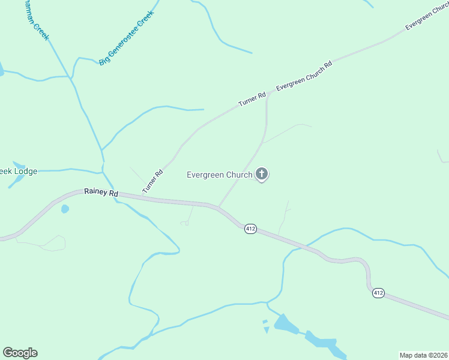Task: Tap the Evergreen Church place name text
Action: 219,175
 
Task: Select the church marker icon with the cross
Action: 262,174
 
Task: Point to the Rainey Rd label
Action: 101,194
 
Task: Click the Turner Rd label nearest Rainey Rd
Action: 152,182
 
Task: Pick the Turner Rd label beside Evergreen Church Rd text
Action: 252,99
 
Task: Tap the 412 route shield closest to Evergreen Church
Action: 251,229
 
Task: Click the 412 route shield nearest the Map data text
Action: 378,293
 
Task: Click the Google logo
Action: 20,353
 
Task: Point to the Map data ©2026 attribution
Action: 423,355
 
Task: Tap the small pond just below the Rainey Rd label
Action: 65,209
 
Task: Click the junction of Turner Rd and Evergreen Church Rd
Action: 267,94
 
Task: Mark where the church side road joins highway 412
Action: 218,208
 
